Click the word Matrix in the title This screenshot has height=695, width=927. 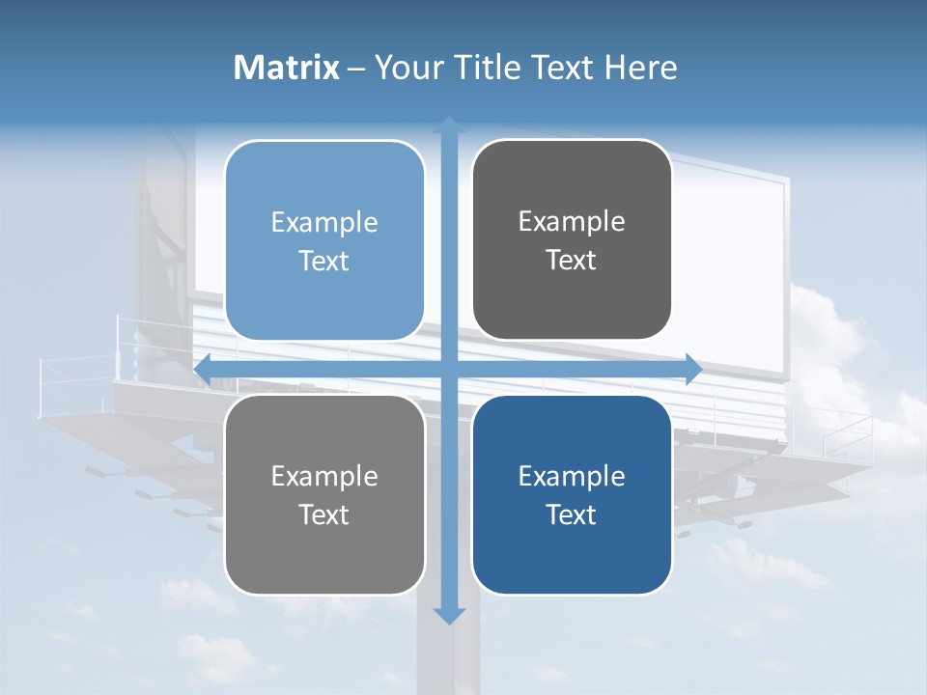point(287,68)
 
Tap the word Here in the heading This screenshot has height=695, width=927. point(640,68)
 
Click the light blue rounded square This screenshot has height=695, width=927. point(324,241)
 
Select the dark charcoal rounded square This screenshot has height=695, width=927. point(572,240)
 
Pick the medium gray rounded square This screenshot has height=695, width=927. point(324,494)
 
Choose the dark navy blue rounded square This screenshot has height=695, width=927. point(572,494)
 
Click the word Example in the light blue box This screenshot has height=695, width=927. point(324,223)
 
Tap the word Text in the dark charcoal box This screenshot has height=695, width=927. point(572,260)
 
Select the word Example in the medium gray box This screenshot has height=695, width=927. point(324,476)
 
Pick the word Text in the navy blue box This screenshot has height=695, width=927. point(572,514)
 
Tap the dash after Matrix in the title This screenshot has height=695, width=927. point(356,69)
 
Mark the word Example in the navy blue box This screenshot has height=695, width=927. point(572,476)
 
